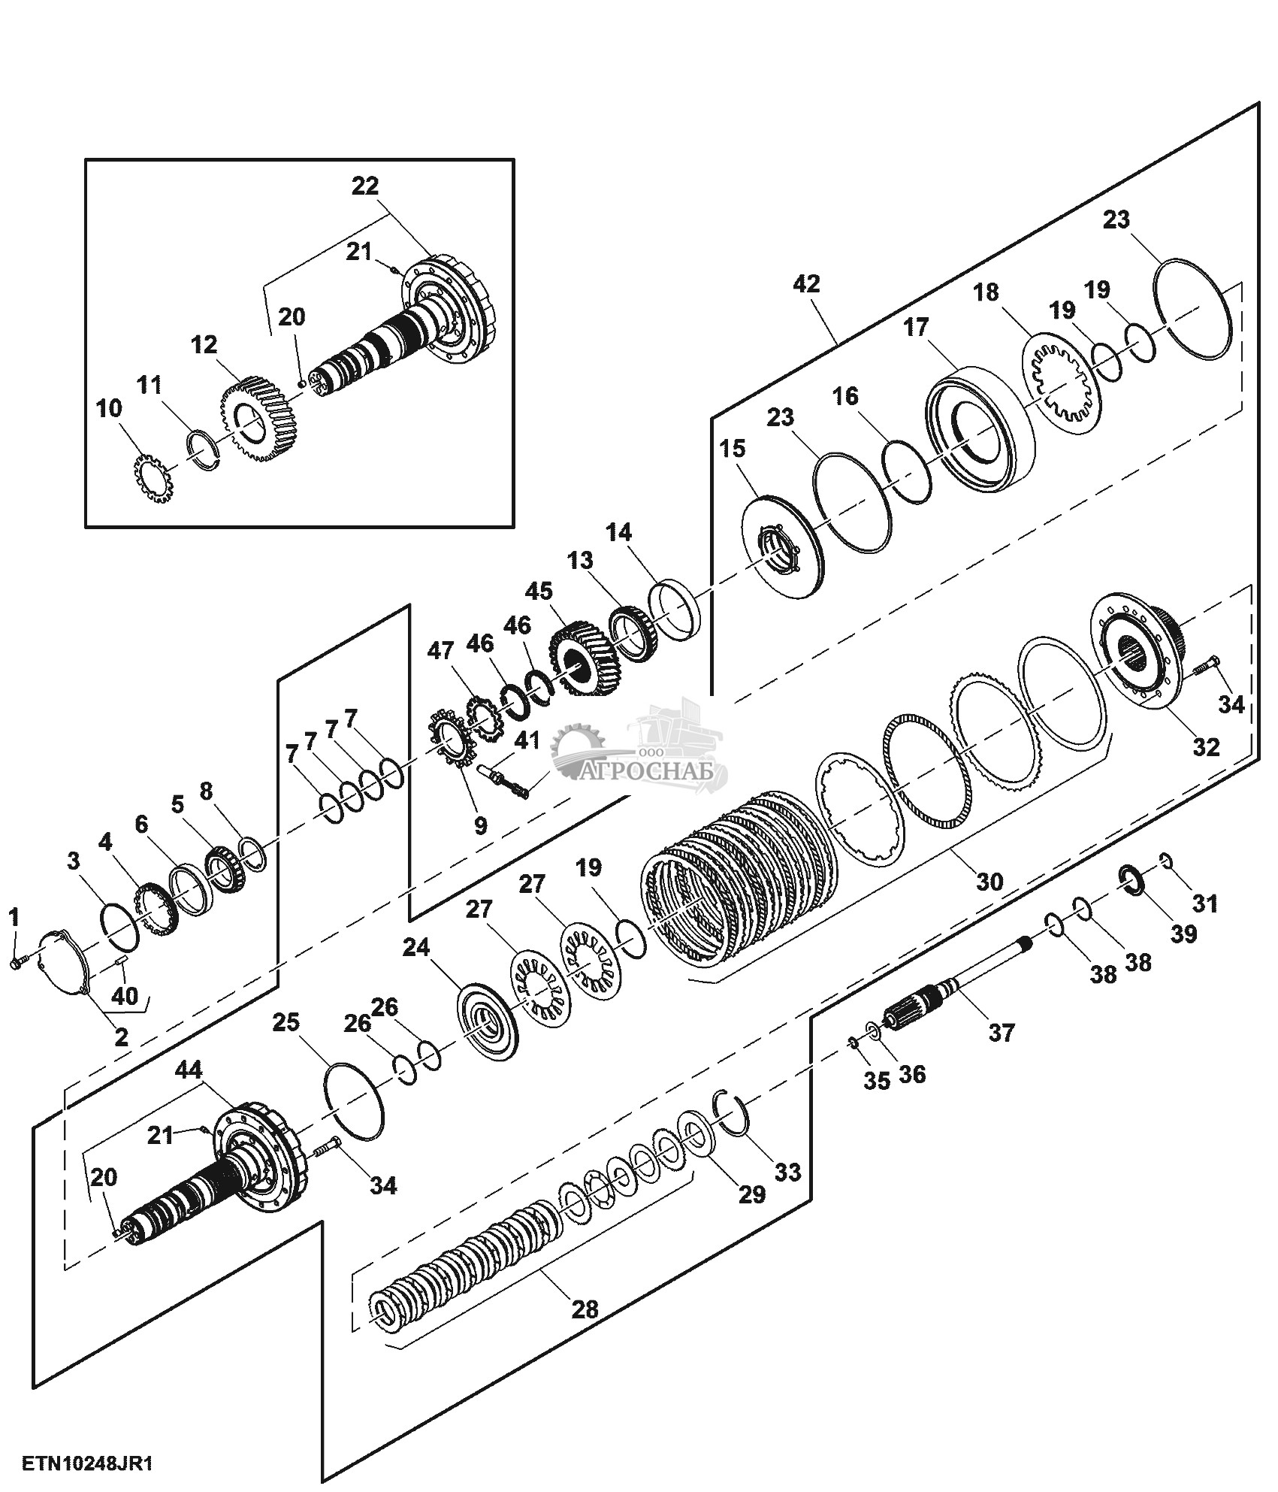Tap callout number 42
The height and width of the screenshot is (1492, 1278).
[807, 284]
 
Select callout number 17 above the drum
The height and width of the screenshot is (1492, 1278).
[916, 328]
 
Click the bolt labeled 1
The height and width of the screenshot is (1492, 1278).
[20, 961]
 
